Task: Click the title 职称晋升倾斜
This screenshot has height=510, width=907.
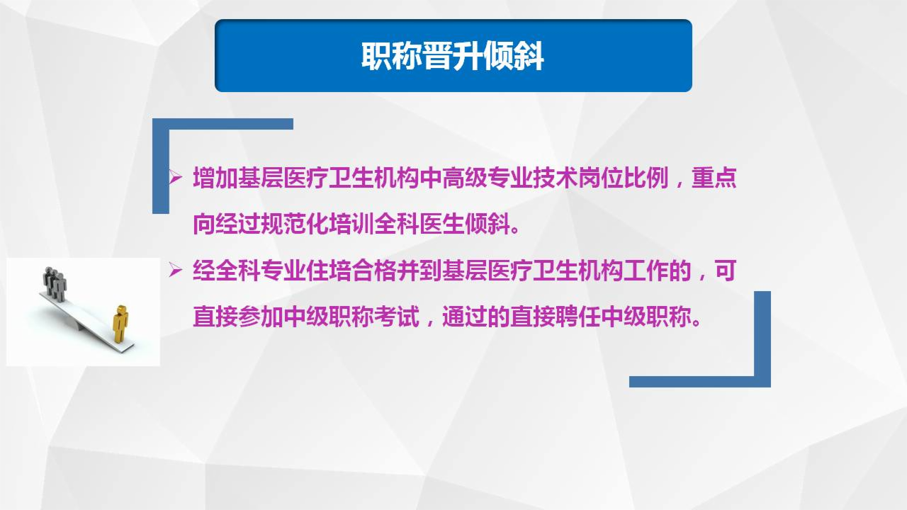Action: tap(453, 57)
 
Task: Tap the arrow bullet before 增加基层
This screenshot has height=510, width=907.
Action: tap(175, 177)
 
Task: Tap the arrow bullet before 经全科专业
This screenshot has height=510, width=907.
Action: tap(175, 270)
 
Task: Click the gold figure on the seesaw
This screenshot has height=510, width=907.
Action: tap(121, 323)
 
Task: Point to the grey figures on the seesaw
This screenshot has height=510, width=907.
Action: tap(55, 283)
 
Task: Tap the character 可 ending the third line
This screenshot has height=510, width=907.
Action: tap(725, 271)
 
